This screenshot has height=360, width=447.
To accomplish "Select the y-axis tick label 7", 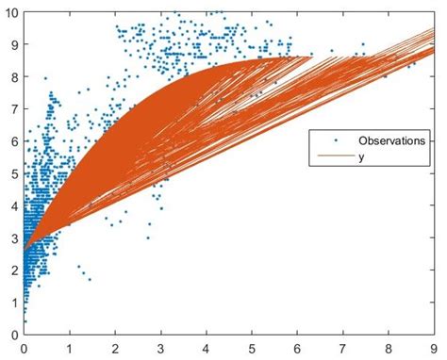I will pos(13,109).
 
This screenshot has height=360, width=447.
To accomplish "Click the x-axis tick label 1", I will pos(69,346).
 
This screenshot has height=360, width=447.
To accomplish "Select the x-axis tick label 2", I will pos(115,346).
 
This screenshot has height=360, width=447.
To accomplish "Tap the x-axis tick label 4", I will pos(207,346).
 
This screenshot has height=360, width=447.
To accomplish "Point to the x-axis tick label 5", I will pos(252,346).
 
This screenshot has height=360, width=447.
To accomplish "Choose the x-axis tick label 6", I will pos(298,346).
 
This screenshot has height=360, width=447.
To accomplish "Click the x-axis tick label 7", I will pos(343,346).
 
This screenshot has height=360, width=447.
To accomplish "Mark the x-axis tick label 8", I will pos(389,346).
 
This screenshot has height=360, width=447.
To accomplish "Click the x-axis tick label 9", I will pos(435,346).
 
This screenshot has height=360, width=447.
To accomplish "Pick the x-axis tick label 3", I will pos(160,346).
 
